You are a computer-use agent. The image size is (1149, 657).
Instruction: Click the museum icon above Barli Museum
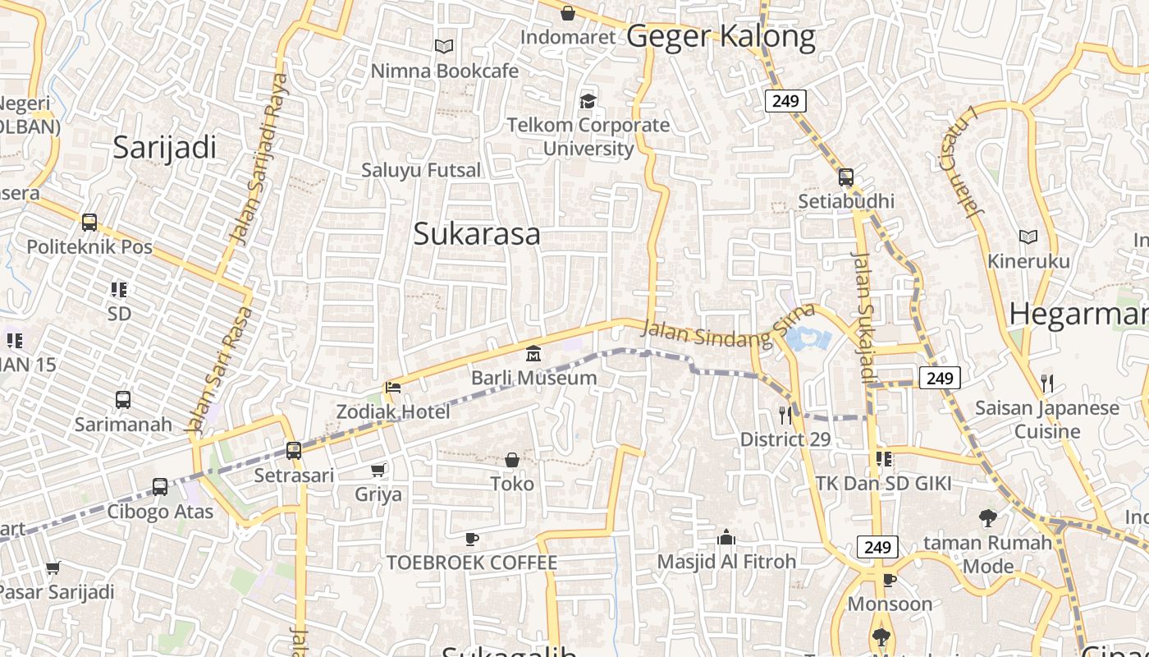pos(533,354)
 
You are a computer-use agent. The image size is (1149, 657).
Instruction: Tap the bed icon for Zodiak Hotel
pos(393,388)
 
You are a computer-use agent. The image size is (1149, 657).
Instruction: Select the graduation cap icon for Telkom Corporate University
pos(588,101)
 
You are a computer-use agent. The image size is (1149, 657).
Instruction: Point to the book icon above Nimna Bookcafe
pos(444,47)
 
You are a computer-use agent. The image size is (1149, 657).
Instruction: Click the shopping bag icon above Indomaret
pos(567,13)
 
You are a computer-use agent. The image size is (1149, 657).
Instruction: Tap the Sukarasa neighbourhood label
pos(477,234)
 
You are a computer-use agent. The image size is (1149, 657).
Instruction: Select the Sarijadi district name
pos(164,147)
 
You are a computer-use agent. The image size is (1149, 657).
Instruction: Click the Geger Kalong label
pos(721,36)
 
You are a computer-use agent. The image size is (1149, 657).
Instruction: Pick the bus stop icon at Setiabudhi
pos(846,177)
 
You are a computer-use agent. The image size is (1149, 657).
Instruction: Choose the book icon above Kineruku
pos(1028,237)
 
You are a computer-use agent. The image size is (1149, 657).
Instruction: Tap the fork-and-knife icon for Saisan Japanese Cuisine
pos(1046,384)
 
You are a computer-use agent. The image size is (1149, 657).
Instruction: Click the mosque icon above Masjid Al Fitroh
pos(726,538)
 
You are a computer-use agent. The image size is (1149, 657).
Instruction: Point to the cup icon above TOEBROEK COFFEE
pos(472,539)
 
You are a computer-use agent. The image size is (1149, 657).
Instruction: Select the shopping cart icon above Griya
pos(378,470)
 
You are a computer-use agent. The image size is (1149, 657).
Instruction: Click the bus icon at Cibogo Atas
pos(160,487)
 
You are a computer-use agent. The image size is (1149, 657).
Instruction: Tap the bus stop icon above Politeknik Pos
pos(89,223)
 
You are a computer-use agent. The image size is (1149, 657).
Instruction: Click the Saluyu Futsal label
pos(421,170)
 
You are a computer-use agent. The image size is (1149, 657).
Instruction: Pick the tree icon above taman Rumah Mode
pos(988,518)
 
